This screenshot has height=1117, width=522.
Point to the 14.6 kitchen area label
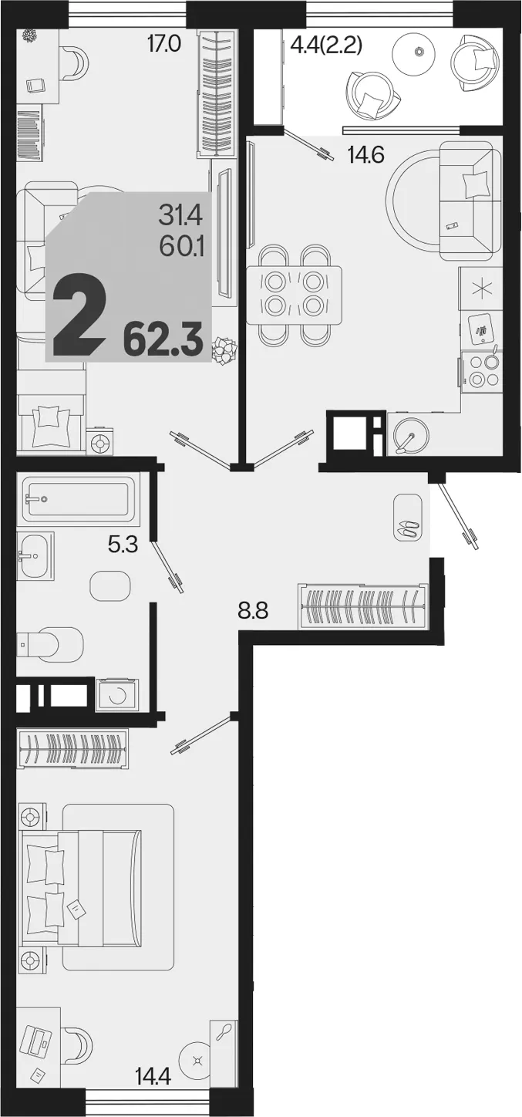366,157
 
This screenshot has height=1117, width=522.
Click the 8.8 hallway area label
253,610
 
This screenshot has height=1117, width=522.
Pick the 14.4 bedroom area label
154,1074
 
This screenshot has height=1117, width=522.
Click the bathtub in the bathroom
79,499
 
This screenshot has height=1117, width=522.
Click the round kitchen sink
410,436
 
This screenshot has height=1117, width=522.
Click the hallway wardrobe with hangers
363,606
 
